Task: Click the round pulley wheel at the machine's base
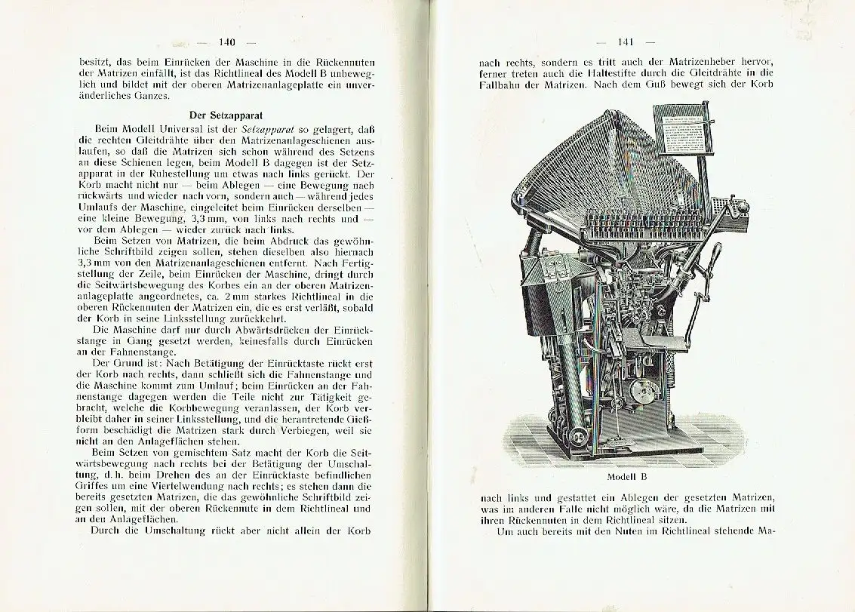pyautogui.click(x=580, y=438)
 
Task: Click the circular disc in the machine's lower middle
pyautogui.click(x=644, y=390)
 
